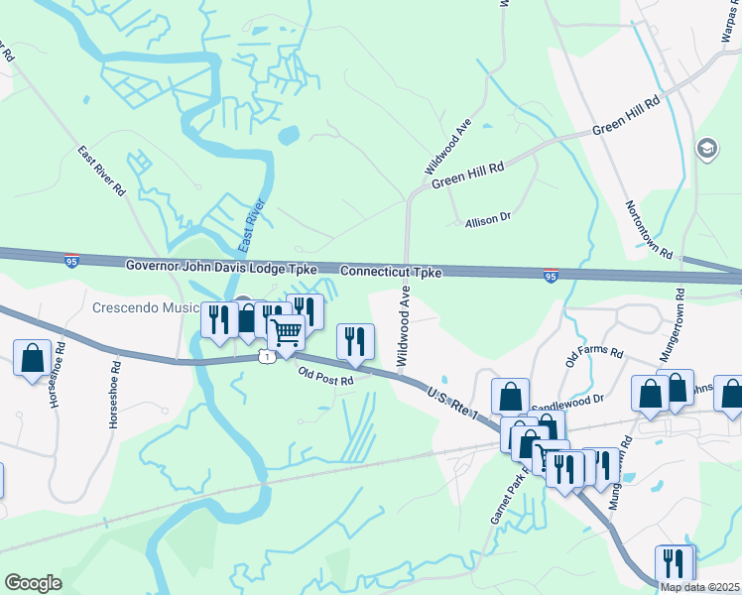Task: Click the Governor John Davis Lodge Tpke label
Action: [x=221, y=267]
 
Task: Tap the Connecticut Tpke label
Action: [x=390, y=271]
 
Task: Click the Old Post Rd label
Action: [x=326, y=377]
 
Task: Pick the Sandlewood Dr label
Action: [x=567, y=402]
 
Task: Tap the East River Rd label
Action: [x=102, y=170]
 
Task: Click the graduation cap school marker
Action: [x=707, y=149]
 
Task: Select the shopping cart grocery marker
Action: [x=286, y=332]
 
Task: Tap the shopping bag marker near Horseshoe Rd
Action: [x=32, y=357]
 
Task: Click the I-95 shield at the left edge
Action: [x=71, y=261]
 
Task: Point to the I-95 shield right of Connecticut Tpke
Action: [x=551, y=275]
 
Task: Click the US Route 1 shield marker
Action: [x=266, y=354]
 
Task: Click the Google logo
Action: [x=33, y=583]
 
